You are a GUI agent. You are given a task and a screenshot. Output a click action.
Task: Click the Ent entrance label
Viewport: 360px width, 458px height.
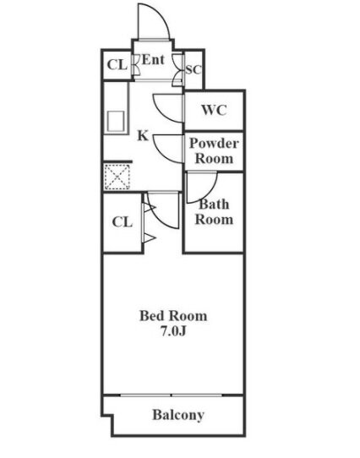click(153, 60)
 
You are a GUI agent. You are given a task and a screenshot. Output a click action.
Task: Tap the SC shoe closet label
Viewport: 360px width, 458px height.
click(194, 70)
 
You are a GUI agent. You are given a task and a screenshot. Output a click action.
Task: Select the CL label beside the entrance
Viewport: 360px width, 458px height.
click(117, 65)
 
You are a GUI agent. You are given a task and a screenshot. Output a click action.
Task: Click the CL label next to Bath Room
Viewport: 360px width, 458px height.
click(123, 222)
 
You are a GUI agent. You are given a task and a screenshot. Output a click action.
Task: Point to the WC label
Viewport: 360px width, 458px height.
click(214, 110)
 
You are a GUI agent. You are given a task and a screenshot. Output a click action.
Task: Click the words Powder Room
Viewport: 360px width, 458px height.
click(214, 151)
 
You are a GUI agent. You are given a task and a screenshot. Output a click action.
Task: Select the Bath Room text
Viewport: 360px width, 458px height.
click(214, 212)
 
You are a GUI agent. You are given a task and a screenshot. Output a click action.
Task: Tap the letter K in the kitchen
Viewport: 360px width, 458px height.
click(143, 136)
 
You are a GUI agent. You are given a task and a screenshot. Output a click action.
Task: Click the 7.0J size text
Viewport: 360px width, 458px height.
click(173, 331)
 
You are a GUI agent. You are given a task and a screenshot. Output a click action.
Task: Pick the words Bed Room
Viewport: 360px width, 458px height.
click(173, 316)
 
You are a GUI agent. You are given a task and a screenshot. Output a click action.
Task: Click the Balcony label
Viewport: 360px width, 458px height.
click(178, 415)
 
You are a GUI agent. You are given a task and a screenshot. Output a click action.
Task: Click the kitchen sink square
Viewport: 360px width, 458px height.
click(116, 122)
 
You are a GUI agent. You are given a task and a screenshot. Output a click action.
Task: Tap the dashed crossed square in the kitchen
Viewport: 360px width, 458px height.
click(117, 177)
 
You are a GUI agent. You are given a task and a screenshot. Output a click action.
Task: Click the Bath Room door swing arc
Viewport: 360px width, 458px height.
click(209, 193)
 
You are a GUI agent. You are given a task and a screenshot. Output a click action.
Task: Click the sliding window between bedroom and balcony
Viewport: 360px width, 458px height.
click(172, 395)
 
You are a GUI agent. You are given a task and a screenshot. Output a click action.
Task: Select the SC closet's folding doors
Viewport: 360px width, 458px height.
click(178, 70)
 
